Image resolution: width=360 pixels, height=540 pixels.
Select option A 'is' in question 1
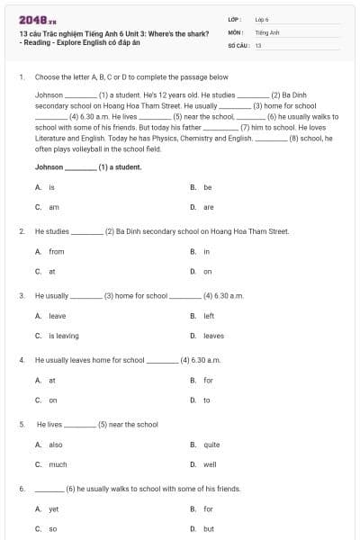click(51, 187)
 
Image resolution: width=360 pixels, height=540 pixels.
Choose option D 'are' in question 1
click(208, 206)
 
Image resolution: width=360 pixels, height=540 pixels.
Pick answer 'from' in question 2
click(56, 251)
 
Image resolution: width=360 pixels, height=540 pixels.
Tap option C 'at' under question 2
click(52, 271)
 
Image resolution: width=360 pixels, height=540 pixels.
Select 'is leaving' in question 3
click(63, 336)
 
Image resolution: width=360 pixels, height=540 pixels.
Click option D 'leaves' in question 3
click(213, 336)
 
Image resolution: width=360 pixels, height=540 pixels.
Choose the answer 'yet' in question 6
click(53, 509)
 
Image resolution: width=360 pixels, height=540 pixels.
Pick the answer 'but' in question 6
click(208, 528)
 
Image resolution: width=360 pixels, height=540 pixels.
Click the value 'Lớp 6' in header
click(263, 19)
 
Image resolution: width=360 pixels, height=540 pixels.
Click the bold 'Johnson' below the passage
click(49, 166)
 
